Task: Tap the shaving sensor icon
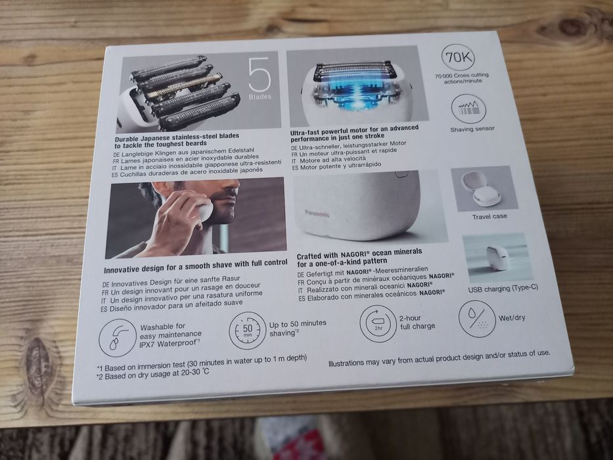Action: [468, 108]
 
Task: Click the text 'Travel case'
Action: [489, 216]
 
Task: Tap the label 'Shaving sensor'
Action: [472, 129]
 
